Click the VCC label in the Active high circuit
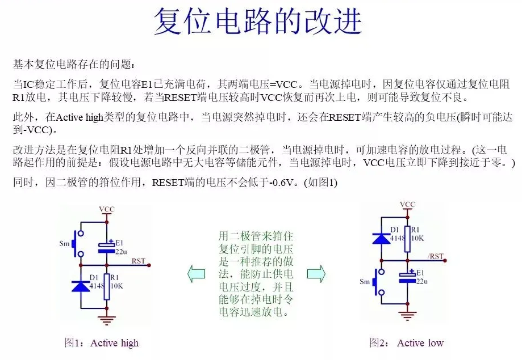[106, 209]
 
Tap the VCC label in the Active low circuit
[407, 204]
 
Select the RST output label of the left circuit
[138, 261]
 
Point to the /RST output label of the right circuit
[436, 256]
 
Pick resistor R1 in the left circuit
[106, 286]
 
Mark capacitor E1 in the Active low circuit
[407, 278]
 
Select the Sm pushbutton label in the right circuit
[365, 282]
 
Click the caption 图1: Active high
[101, 342]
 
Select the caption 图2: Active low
[406, 342]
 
